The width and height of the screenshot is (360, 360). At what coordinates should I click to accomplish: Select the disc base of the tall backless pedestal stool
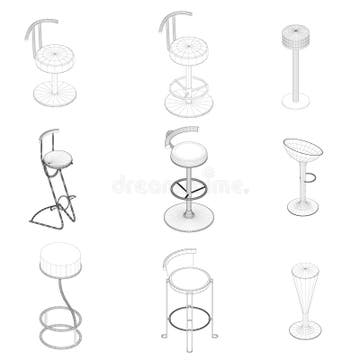point(297,102)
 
